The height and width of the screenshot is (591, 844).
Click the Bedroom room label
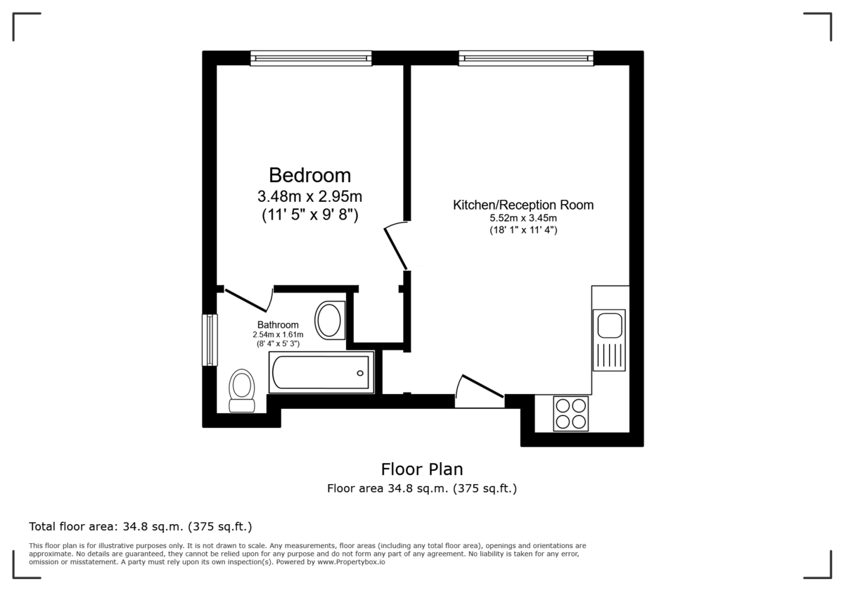coord(309,174)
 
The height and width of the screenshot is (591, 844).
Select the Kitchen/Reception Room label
coord(523,205)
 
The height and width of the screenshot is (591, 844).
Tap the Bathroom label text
coord(278,324)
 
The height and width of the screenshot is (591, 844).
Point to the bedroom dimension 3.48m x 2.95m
coord(309,196)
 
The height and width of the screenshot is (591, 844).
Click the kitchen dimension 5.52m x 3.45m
coord(523,219)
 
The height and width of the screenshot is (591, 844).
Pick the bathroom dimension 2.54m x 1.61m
coord(278,334)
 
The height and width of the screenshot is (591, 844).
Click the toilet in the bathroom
coord(243,390)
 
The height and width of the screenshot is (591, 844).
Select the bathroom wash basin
coord(329,320)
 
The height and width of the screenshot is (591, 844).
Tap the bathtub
coord(321,371)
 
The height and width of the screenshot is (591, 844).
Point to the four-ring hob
coord(570,414)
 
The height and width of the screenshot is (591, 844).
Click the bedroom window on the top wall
coord(311,58)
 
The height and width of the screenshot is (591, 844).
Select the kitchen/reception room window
coord(525,58)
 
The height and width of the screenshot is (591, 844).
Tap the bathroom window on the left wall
coord(210,340)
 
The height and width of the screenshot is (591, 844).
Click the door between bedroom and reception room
coord(395,246)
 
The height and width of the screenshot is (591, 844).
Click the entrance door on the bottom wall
coord(480,390)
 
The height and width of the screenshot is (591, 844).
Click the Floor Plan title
coord(422,469)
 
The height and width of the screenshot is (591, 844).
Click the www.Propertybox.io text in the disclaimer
coord(351,562)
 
